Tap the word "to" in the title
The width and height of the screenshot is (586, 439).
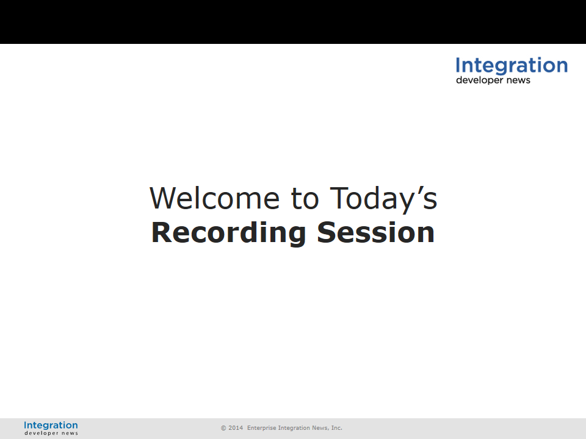tap(305, 199)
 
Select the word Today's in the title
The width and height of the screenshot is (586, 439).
tap(383, 200)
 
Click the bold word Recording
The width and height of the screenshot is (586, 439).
tap(228, 234)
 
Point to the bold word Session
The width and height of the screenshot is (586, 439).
tap(375, 232)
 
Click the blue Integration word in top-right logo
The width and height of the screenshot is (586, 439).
tap(512, 66)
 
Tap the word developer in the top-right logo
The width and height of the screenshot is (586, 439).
tap(480, 80)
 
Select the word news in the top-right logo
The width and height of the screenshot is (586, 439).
tap(518, 80)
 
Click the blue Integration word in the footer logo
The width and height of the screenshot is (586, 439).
tap(51, 426)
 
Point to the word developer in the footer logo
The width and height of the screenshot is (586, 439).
tap(42, 433)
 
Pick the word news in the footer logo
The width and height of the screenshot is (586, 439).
tap(70, 434)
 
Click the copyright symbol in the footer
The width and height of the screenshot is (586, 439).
tap(223, 428)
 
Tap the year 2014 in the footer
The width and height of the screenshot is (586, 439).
tap(236, 428)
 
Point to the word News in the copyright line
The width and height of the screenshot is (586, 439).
tap(320, 428)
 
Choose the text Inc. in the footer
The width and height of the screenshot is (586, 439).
tap(337, 428)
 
